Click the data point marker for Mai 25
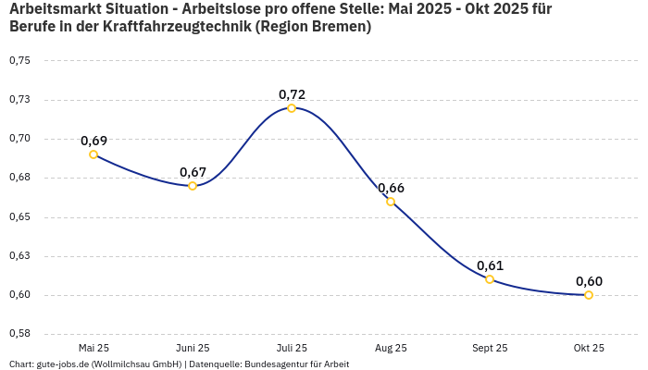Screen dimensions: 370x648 pos(93,154)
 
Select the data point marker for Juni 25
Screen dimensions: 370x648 pos(193,186)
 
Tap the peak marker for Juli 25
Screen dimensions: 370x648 pos(292,108)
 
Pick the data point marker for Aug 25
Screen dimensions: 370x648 pos(391,202)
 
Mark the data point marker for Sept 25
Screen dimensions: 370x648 pos(490,279)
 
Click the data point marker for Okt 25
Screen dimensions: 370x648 pos(589,295)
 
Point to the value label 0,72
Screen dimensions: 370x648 pos(292,94)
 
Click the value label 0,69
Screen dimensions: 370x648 pos(93,141)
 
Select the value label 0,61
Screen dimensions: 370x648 pos(490,265)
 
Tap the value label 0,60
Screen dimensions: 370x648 pos(589,281)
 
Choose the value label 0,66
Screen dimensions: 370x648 pos(391,188)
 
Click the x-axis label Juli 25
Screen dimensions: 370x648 pos(292,348)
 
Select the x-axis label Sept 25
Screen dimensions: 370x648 pos(490,348)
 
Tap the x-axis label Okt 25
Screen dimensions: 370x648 pos(589,348)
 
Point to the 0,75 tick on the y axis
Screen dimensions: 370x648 pos(19,61)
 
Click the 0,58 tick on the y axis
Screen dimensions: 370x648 pos(19,334)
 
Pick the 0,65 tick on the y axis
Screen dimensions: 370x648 pos(19,217)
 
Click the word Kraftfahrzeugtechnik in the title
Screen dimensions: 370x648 pos(164,27)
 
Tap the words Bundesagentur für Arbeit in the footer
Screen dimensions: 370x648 pos(296,364)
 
